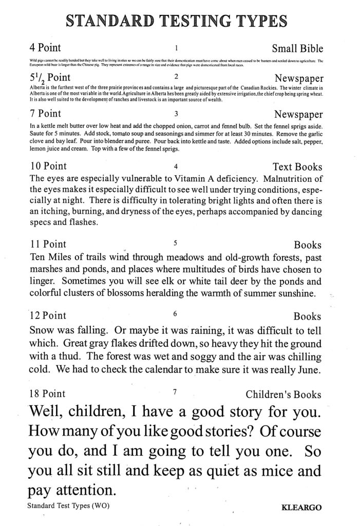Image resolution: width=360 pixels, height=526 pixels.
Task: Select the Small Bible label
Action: pos(297,49)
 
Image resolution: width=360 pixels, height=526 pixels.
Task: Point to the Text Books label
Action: pos(297,167)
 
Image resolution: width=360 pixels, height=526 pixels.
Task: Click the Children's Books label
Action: pos(283,394)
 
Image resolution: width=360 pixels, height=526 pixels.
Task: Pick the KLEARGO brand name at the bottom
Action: pos(302,508)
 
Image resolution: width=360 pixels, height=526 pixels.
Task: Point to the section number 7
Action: pos(175,392)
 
